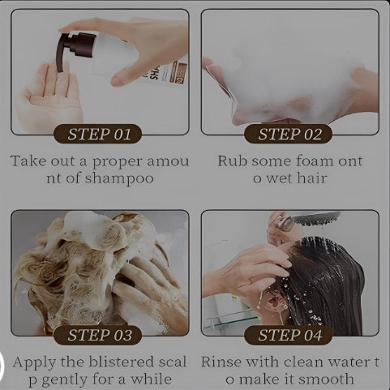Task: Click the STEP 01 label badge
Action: (99, 134)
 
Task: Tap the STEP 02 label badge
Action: (289, 134)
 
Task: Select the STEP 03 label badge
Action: (99, 335)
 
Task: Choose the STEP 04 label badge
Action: (289, 335)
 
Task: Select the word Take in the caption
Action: (29, 161)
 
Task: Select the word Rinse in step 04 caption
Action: (223, 362)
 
